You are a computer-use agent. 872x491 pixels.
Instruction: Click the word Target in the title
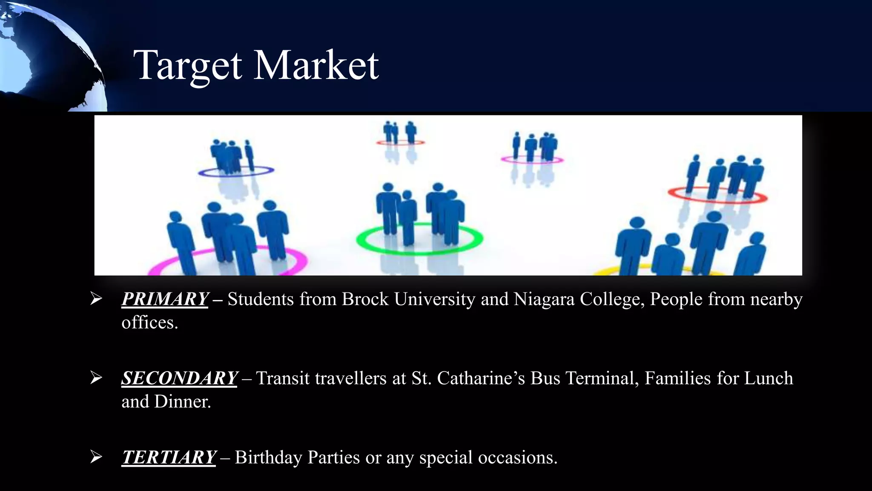coord(187,66)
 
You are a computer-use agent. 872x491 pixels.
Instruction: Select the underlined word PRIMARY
coord(165,299)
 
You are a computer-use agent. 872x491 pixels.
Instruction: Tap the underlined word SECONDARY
coord(179,378)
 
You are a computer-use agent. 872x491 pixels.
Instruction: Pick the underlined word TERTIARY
coord(169,457)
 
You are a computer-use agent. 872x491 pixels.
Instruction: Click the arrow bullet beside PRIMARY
coord(96,299)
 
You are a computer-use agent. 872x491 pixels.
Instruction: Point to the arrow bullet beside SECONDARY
coord(96,378)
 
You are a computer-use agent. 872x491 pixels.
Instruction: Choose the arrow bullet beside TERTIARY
coord(96,457)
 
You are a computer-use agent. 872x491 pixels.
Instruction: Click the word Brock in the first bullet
coord(365,299)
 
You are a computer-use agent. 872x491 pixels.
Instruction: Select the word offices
coord(149,323)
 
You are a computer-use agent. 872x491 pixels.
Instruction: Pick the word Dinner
coord(183,402)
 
